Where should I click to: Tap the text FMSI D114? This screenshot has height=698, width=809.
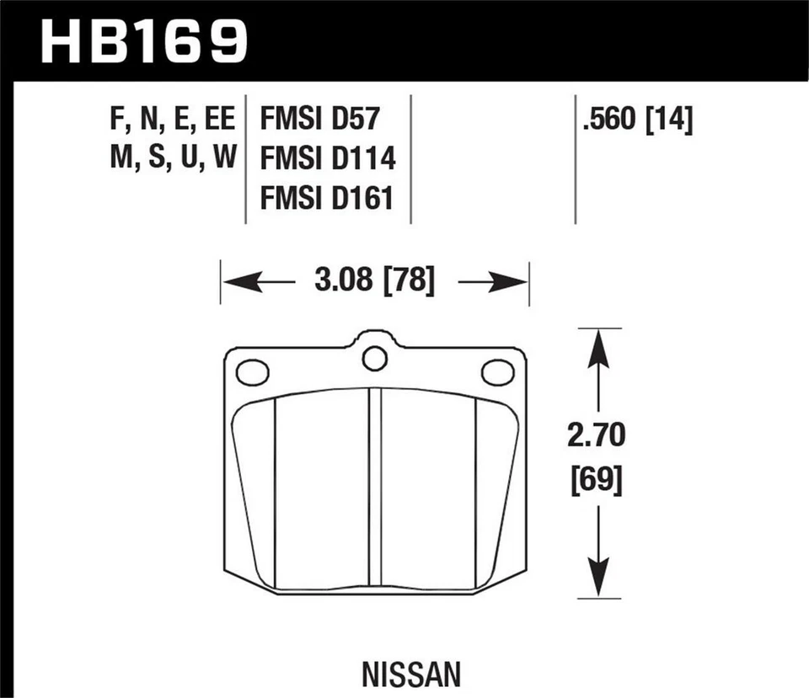tap(328, 158)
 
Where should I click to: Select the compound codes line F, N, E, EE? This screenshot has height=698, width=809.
tap(172, 120)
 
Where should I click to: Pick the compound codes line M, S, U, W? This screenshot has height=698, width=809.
tap(172, 158)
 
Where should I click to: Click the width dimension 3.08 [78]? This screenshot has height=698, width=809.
tap(374, 281)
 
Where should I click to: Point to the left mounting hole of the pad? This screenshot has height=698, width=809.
tap(252, 371)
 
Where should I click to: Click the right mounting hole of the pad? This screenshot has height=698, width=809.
tap(497, 371)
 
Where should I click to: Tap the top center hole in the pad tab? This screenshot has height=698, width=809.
tap(374, 358)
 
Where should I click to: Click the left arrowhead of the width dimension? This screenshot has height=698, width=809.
tap(233, 282)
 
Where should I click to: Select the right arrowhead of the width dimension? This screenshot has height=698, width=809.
tap(517, 282)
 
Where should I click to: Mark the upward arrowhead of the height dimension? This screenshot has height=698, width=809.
tap(597, 341)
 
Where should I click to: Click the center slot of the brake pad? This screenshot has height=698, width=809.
tap(375, 488)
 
